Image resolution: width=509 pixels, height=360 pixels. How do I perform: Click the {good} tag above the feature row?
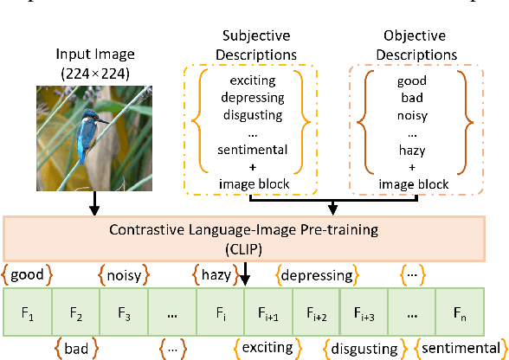point(26,275)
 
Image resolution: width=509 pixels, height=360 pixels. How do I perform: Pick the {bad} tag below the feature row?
point(75,348)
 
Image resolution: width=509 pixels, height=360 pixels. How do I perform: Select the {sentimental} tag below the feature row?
point(458,348)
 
